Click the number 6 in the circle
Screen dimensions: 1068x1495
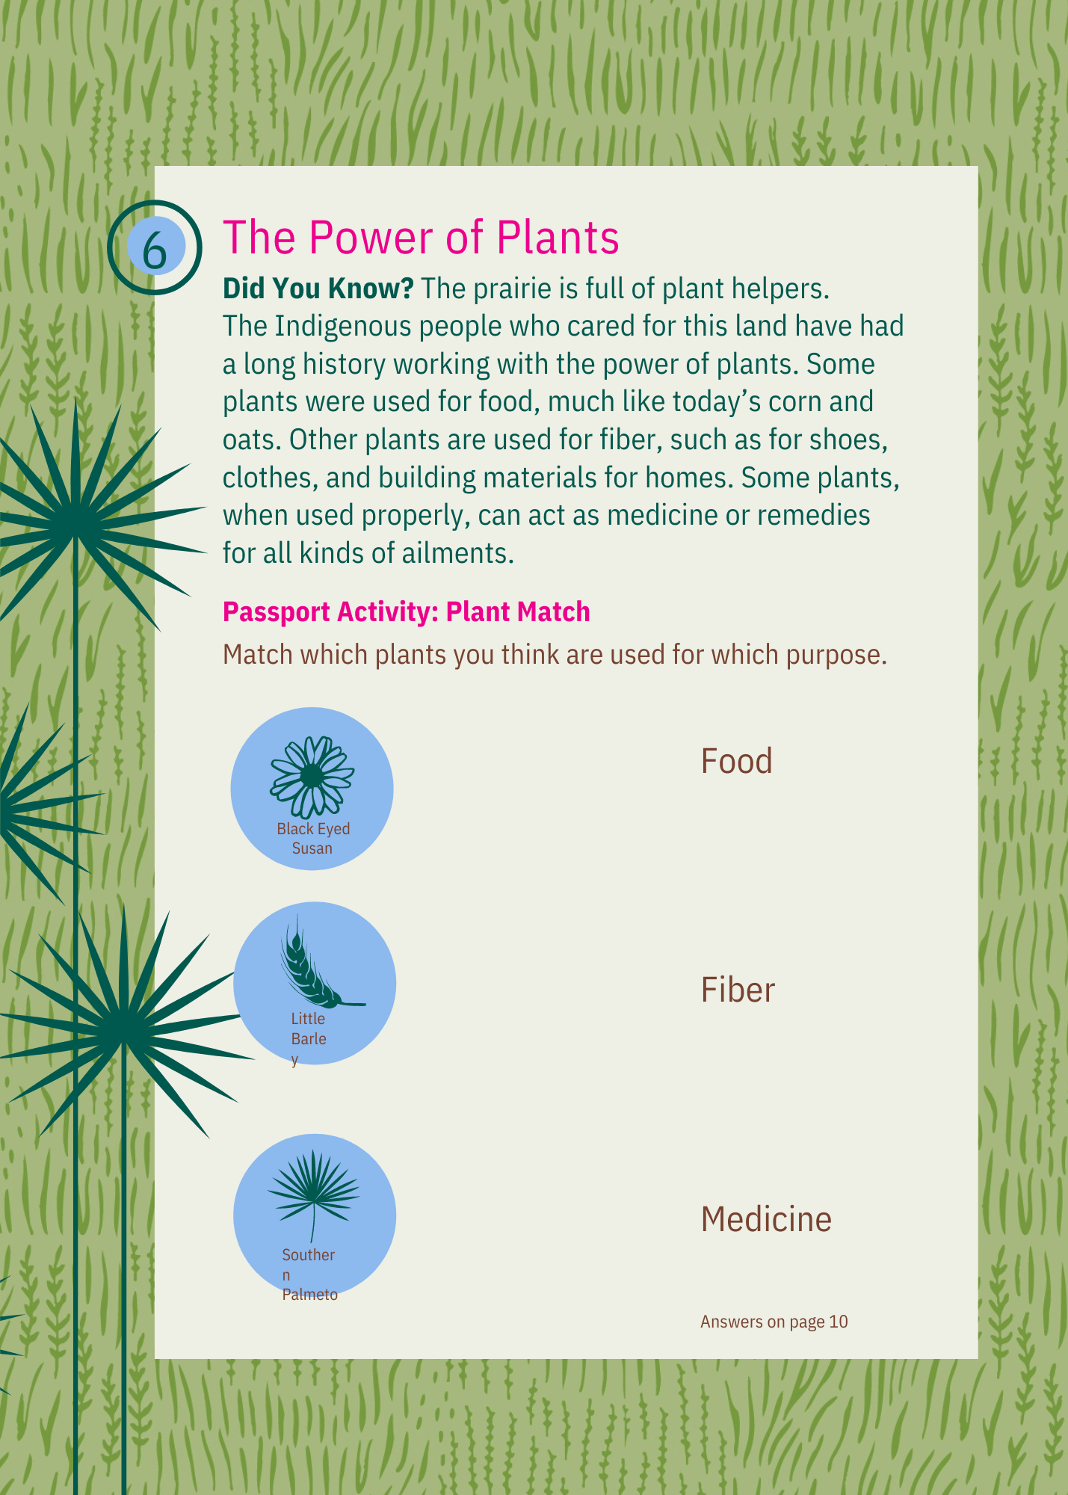pos(155,250)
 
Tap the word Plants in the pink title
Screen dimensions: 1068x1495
pos(558,237)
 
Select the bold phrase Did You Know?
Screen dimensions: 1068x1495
pos(318,289)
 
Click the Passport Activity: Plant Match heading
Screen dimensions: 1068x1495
pos(407,611)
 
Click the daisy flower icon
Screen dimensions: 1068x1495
pos(312,777)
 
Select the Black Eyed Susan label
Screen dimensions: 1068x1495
pos(313,839)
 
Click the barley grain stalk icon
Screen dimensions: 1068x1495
pos(318,963)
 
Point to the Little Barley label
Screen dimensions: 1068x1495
pos(309,1039)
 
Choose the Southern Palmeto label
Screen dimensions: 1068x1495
pos(309,1274)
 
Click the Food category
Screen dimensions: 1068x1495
pos(736,761)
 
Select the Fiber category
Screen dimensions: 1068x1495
pos(738,990)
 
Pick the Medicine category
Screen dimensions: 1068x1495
pos(766,1219)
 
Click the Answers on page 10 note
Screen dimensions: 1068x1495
pos(774,1322)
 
